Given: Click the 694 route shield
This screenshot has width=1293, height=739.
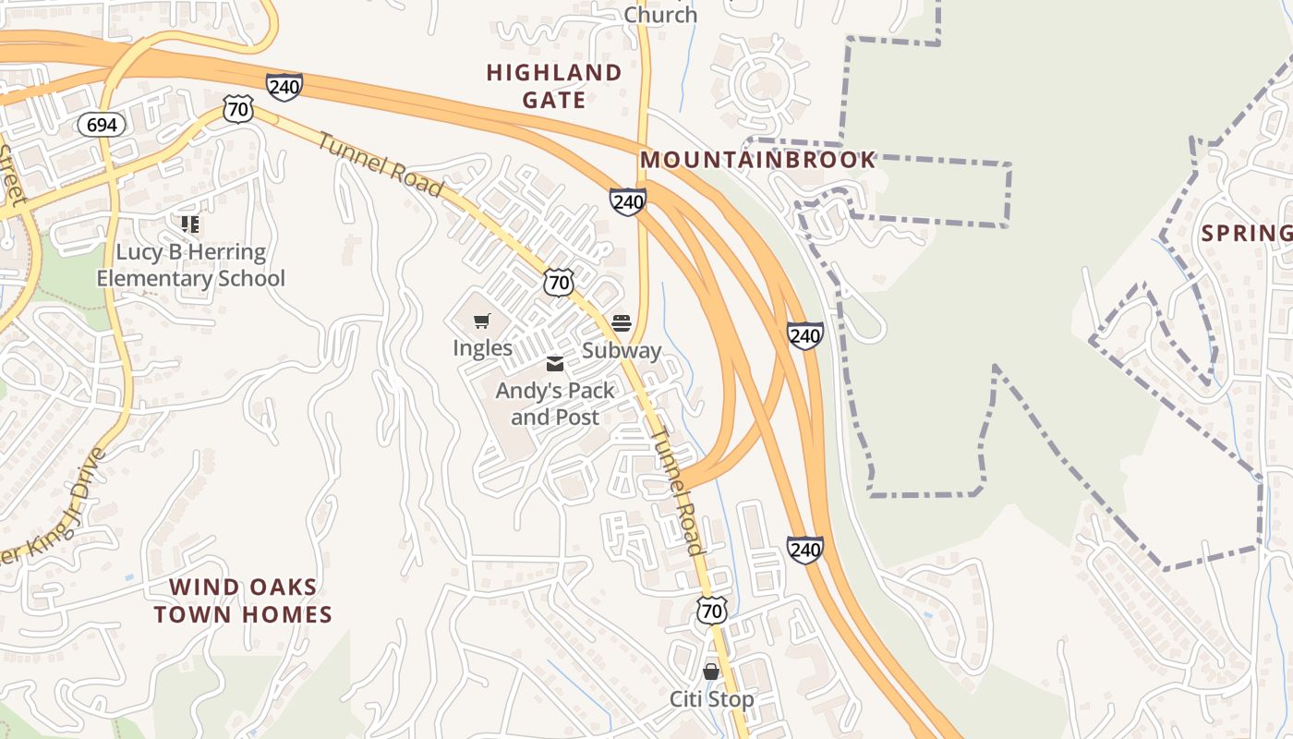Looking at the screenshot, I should pyautogui.click(x=101, y=125).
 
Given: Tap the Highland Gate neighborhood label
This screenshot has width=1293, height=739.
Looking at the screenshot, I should pyautogui.click(x=554, y=86).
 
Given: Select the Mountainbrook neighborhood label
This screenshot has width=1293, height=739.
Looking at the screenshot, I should pyautogui.click(x=757, y=160).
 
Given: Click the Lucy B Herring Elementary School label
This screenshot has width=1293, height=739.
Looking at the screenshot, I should pyautogui.click(x=190, y=265).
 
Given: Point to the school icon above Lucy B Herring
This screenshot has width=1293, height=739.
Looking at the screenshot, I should pyautogui.click(x=190, y=224).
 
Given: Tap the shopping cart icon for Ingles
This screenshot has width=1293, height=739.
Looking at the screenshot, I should pyautogui.click(x=481, y=321).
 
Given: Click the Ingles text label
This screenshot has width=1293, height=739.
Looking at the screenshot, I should pyautogui.click(x=482, y=348).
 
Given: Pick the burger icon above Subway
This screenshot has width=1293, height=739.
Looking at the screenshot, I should pyautogui.click(x=622, y=323).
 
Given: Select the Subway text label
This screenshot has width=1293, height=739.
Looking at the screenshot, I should pyautogui.click(x=622, y=351).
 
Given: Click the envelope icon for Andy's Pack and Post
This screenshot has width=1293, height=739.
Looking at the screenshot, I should pyautogui.click(x=554, y=364).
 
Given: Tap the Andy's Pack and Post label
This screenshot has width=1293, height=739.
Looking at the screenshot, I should pyautogui.click(x=555, y=404).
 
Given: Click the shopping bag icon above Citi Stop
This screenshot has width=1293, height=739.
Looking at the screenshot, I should pyautogui.click(x=711, y=672).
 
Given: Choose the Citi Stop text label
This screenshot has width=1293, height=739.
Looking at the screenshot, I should pyautogui.click(x=711, y=699).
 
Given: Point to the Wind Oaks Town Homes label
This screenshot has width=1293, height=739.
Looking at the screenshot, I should pyautogui.click(x=243, y=600).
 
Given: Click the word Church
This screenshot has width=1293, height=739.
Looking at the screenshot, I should pyautogui.click(x=660, y=15).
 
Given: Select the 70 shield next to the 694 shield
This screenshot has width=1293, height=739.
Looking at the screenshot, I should pyautogui.click(x=238, y=110).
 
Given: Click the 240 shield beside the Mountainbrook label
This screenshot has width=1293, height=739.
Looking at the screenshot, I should pyautogui.click(x=627, y=201).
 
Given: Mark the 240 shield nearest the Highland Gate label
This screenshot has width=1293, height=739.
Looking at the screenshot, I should pyautogui.click(x=284, y=88).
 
